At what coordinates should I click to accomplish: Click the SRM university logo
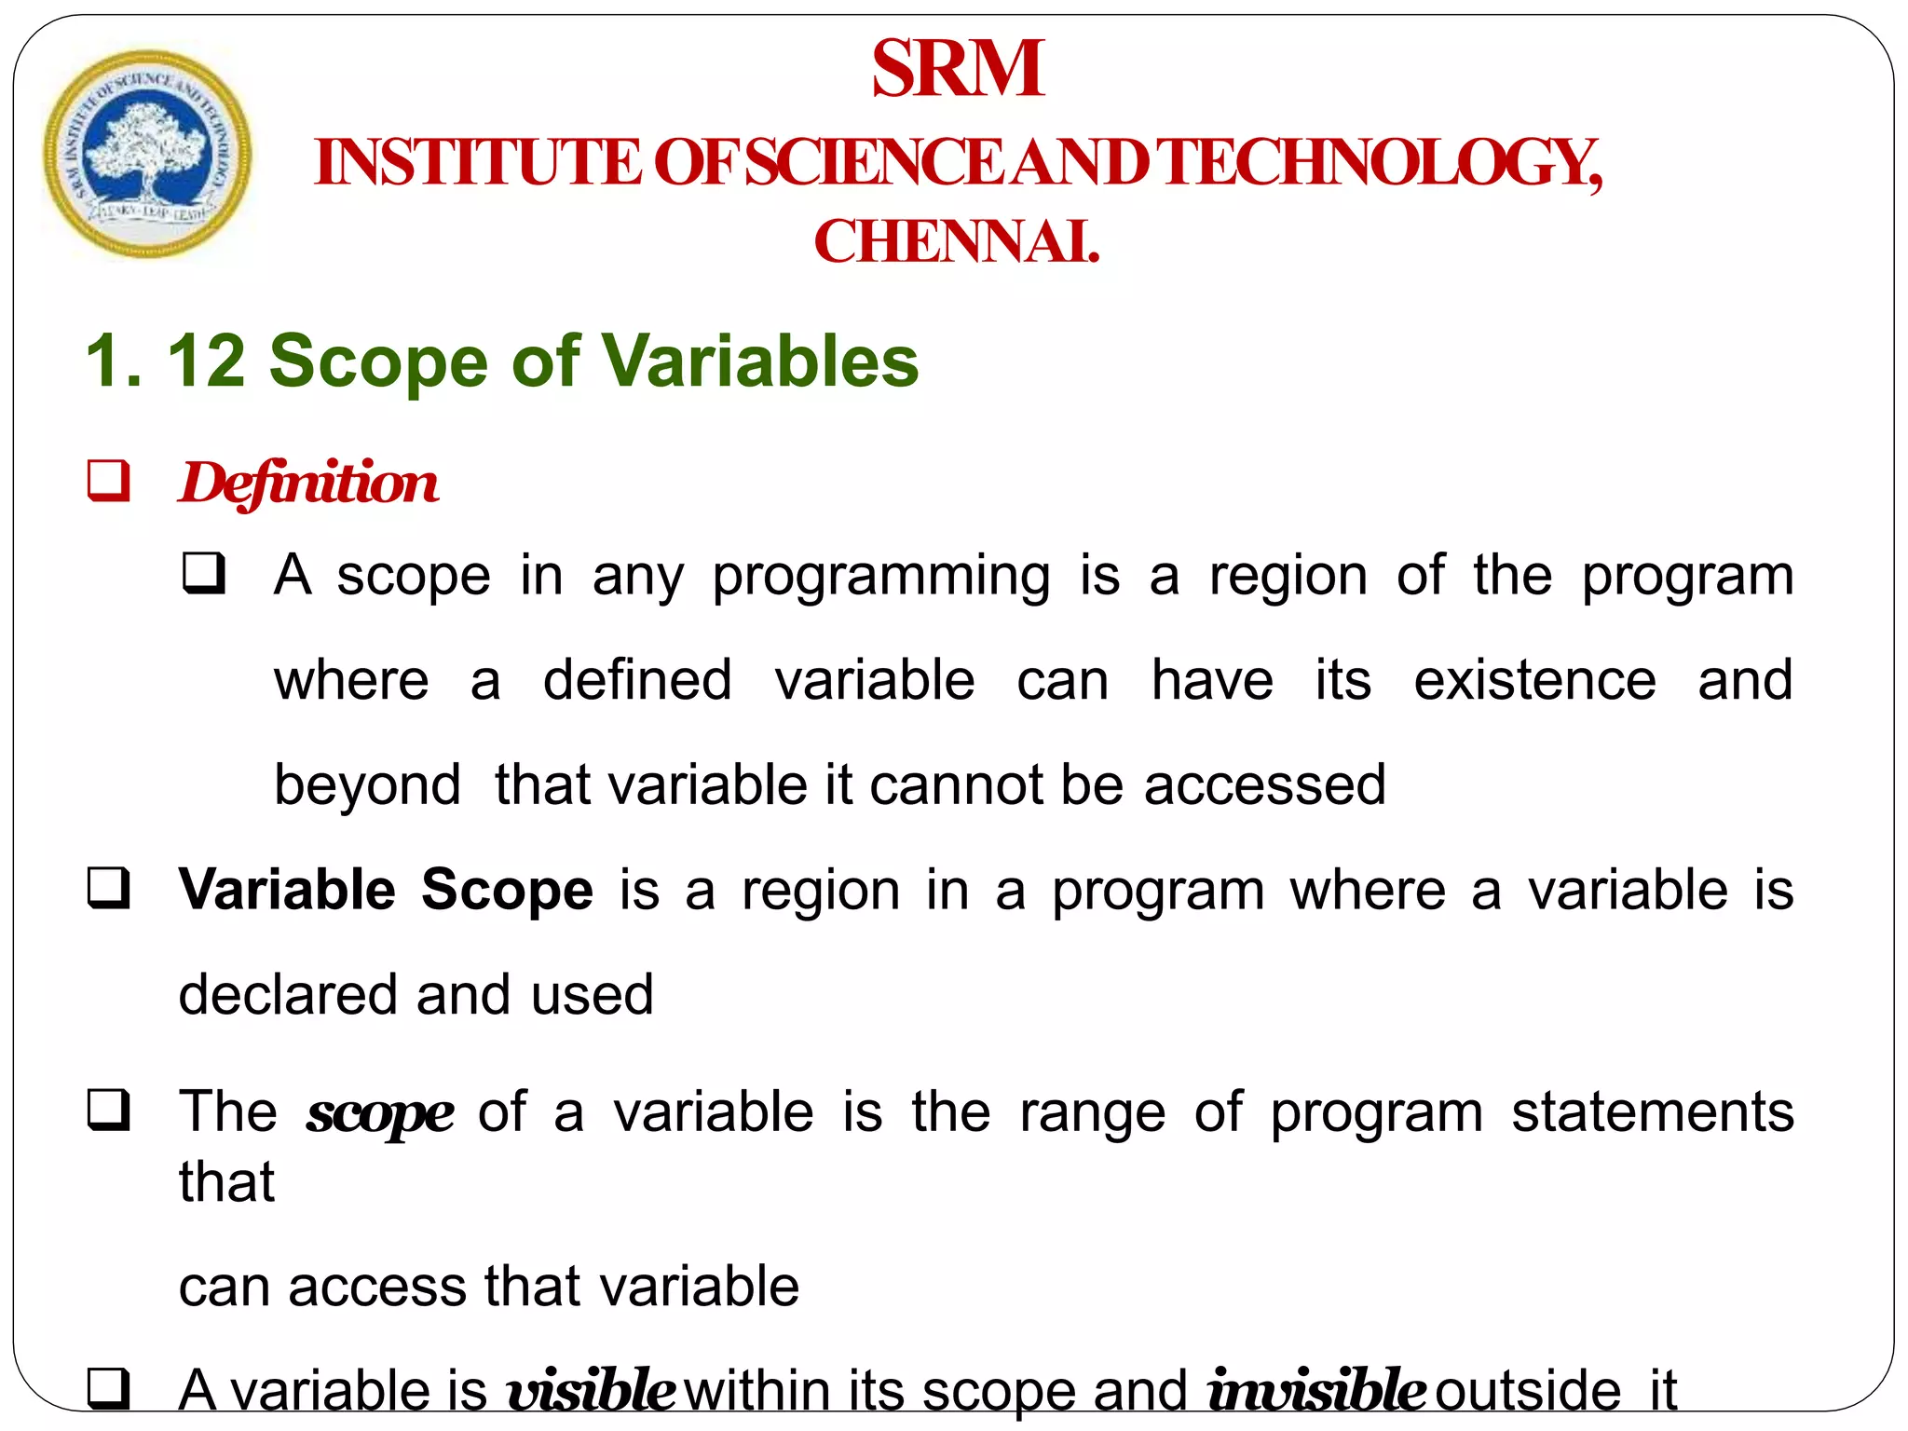click(x=147, y=154)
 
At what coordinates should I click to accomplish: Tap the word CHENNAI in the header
click(x=956, y=242)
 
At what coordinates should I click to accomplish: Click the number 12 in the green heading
click(x=206, y=361)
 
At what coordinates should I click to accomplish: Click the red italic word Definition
click(x=308, y=483)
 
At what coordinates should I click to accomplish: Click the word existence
click(x=1534, y=679)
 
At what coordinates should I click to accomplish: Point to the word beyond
click(x=367, y=784)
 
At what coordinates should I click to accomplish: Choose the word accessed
click(x=1264, y=784)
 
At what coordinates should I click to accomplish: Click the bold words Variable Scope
click(x=386, y=889)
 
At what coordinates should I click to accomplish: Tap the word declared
click(x=286, y=996)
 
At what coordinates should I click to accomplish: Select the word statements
click(x=1652, y=1111)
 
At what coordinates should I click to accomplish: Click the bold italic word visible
click(x=591, y=1391)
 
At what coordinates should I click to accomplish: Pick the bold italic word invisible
click(x=1315, y=1391)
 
